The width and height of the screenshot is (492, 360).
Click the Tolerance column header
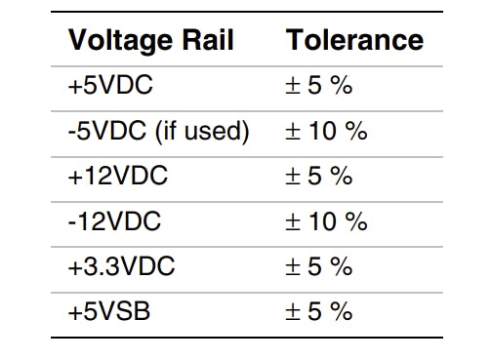click(x=354, y=40)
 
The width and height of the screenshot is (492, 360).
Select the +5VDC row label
click(x=110, y=86)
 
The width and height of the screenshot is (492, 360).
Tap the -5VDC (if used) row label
click(x=158, y=131)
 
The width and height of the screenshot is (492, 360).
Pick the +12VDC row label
click(x=117, y=177)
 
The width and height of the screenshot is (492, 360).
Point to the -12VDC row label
click(x=114, y=221)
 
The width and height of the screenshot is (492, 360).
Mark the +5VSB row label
click(x=110, y=311)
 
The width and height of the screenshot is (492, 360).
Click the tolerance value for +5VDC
click(x=317, y=86)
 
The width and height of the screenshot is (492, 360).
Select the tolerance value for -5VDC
click(x=325, y=131)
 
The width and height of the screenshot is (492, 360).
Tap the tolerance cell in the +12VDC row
click(x=317, y=177)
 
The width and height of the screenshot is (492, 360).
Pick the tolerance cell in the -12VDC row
click(x=325, y=221)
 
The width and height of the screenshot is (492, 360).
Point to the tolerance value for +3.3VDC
click(x=317, y=266)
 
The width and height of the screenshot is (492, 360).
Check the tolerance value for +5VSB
click(x=317, y=311)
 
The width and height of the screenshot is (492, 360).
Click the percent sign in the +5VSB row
click(x=339, y=311)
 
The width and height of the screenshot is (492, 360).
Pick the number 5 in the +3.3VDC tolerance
click(x=312, y=266)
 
